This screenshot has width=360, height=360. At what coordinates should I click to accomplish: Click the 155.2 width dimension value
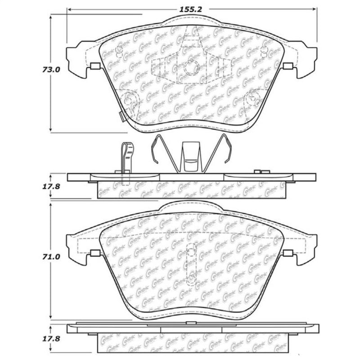coord(192,9)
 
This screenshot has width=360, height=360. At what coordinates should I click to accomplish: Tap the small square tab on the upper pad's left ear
coord(94,67)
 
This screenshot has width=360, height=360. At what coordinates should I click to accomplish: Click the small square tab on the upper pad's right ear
coord(288,67)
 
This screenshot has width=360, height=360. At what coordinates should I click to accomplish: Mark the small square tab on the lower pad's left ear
coord(94,253)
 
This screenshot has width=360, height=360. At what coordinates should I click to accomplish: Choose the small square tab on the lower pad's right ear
coord(288,253)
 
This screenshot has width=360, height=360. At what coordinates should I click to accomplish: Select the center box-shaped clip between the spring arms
coord(190,156)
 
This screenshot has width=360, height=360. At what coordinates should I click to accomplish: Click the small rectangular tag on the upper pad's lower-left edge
coord(121,116)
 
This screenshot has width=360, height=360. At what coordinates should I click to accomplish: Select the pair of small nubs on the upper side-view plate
coord(261,171)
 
